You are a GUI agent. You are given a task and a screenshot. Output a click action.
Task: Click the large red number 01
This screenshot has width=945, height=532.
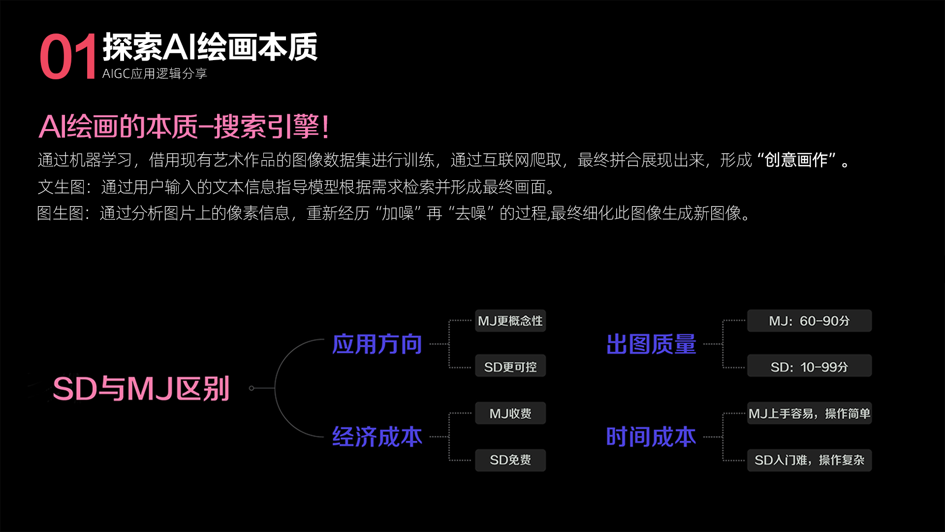[x=68, y=57]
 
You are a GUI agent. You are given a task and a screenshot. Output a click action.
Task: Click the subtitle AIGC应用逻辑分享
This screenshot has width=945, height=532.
[x=155, y=74]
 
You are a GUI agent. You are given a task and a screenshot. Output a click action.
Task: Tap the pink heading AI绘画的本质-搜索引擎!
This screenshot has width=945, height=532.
[x=184, y=127]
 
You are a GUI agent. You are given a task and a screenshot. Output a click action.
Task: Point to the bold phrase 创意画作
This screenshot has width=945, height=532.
[x=796, y=160]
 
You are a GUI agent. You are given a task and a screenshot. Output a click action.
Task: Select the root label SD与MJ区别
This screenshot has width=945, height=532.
[x=141, y=389]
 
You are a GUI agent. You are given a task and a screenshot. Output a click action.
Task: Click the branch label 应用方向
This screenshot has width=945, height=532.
[x=377, y=344]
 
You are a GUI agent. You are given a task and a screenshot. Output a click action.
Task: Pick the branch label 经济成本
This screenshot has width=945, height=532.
[x=377, y=437]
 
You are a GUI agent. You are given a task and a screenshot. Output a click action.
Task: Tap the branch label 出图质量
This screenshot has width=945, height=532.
[x=651, y=344]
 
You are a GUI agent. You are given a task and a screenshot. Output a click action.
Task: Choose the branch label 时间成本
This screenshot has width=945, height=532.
[x=651, y=437]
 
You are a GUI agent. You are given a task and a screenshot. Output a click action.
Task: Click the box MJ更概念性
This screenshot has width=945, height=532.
[x=510, y=321]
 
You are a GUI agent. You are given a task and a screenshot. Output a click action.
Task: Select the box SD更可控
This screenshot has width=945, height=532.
[x=510, y=367]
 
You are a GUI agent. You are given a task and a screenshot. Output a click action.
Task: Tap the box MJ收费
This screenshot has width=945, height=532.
[x=510, y=413]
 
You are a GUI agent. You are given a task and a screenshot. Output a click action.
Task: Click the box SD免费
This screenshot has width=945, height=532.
[x=510, y=460]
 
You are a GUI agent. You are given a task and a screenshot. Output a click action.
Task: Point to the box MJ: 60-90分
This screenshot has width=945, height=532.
[x=809, y=321]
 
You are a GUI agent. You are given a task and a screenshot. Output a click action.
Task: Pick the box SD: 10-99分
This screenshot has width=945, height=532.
[x=809, y=367]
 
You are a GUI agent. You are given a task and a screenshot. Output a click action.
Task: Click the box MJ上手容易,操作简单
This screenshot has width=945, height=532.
[x=809, y=413]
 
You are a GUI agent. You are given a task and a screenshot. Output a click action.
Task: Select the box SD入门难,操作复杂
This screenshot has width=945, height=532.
[x=809, y=460]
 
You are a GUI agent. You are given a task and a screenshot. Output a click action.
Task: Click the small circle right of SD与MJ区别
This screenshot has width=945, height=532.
[x=252, y=388]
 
